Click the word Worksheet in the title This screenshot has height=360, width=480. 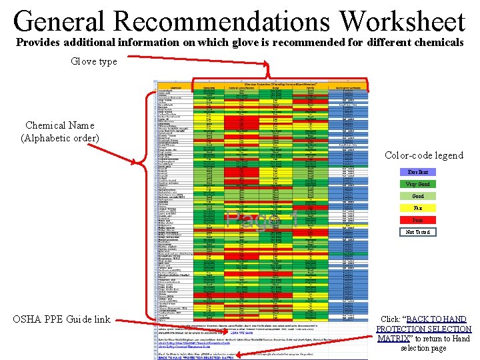402,22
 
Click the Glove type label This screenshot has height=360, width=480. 94,61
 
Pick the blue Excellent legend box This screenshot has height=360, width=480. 418,172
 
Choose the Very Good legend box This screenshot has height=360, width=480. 418,184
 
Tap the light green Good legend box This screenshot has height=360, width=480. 418,196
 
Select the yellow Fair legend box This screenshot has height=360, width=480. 418,208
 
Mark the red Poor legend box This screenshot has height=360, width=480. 418,220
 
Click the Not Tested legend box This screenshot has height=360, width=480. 418,232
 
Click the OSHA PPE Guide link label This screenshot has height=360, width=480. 61,319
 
